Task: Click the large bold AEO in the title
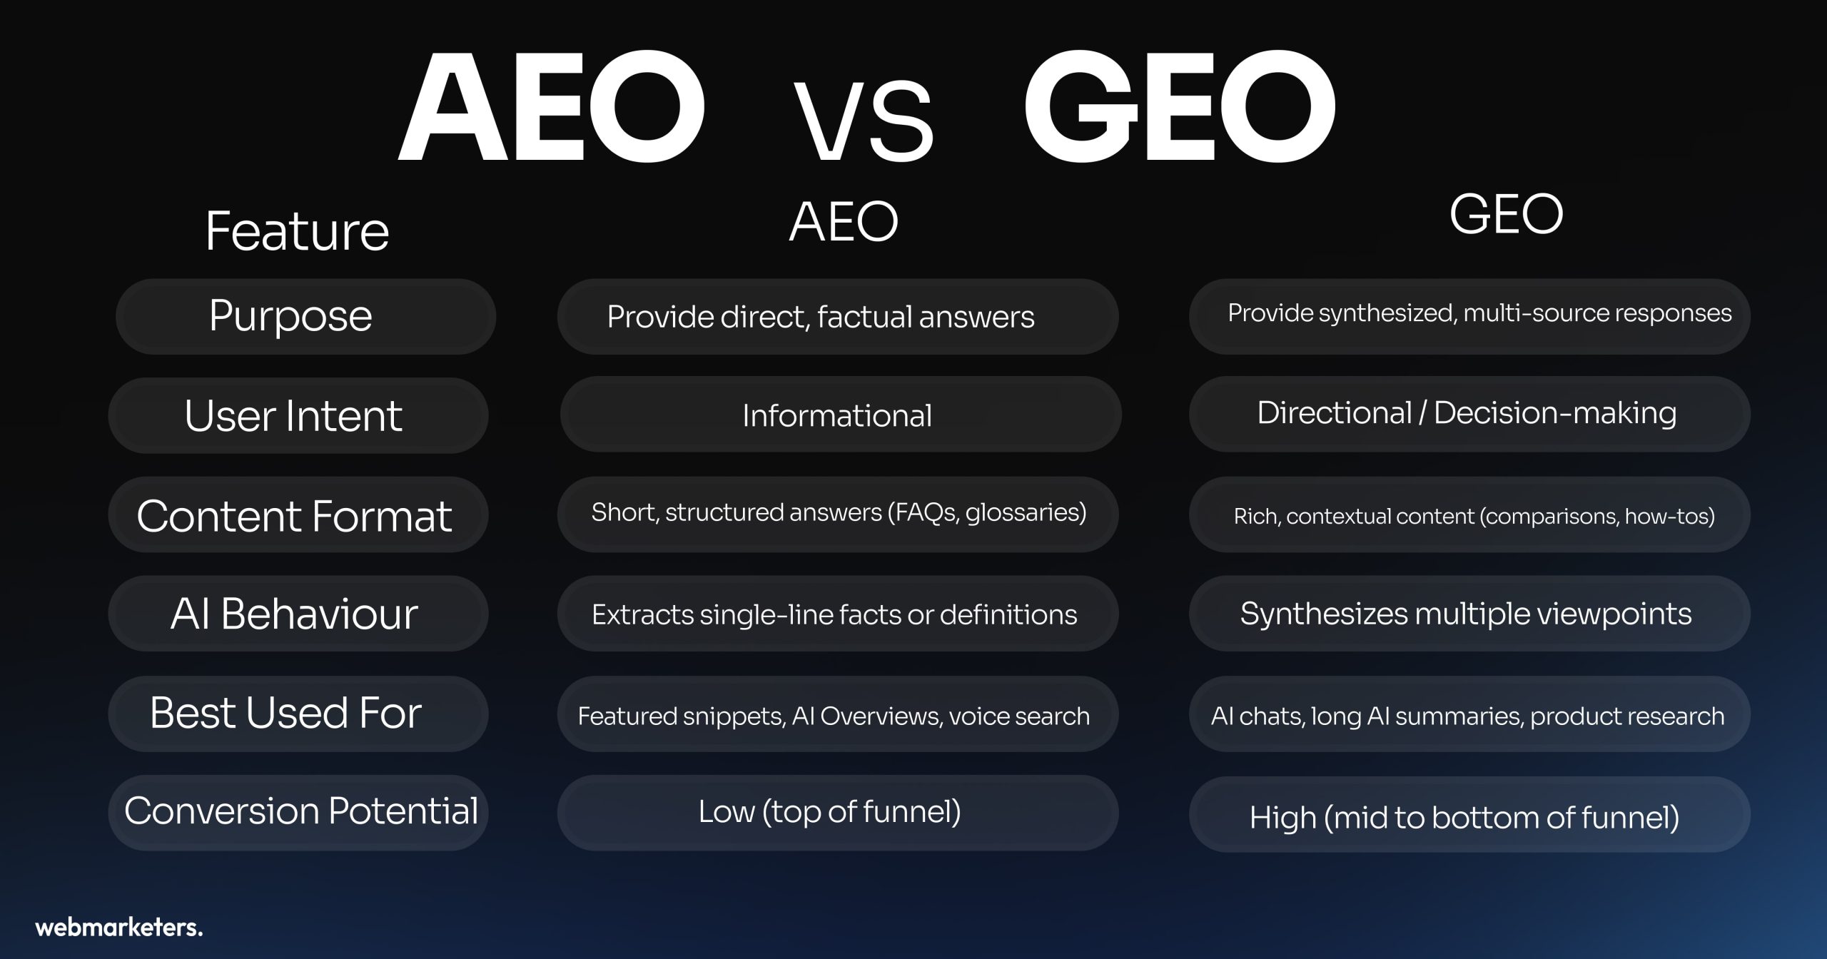pyautogui.click(x=552, y=106)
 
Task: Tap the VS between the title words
pyautogui.click(x=864, y=122)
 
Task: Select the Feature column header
pyautogui.click(x=297, y=231)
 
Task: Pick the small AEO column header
pyautogui.click(x=844, y=221)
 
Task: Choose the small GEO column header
pyautogui.click(x=1507, y=214)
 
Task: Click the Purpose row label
pyautogui.click(x=290, y=316)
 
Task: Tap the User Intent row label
pyautogui.click(x=293, y=415)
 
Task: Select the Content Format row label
pyautogui.click(x=294, y=516)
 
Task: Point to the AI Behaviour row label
pyautogui.click(x=294, y=614)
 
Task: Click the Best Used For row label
pyautogui.click(x=285, y=712)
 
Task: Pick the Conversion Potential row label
pyautogui.click(x=301, y=811)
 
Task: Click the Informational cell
pyautogui.click(x=837, y=415)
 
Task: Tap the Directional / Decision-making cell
pyautogui.click(x=1467, y=413)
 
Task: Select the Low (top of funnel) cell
pyautogui.click(x=829, y=812)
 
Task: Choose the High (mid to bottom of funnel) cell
pyautogui.click(x=1464, y=818)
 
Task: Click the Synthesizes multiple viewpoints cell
pyautogui.click(x=1466, y=614)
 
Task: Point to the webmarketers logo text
pyautogui.click(x=119, y=927)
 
